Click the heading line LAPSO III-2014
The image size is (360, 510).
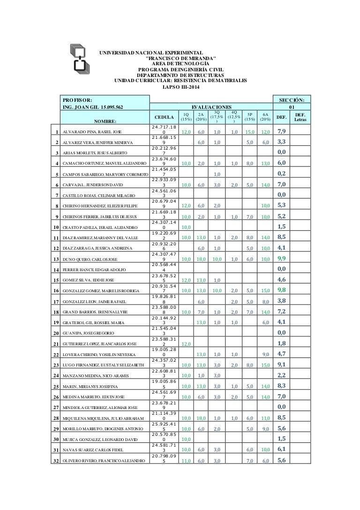click(x=180, y=87)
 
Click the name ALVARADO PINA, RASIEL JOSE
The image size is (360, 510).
click(x=92, y=132)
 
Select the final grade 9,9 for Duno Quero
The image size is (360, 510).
click(x=282, y=259)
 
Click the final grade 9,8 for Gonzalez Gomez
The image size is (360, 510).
click(x=282, y=290)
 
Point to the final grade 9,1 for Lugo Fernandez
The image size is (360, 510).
click(x=282, y=364)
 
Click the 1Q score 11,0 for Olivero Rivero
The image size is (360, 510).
click(x=186, y=460)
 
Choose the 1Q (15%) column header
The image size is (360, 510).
click(x=186, y=116)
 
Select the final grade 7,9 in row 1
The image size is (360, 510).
click(x=282, y=131)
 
